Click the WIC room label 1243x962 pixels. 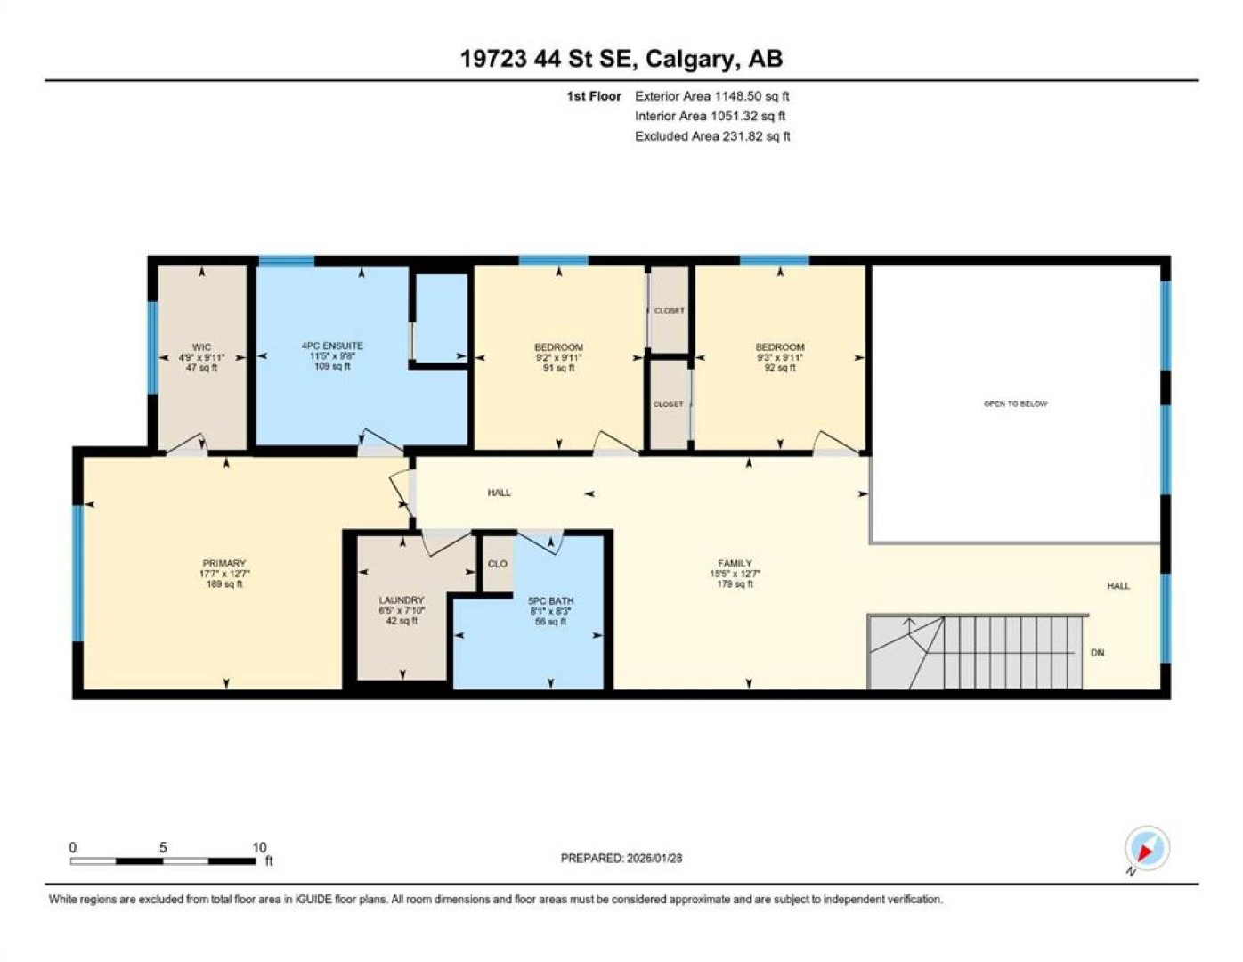coord(201,346)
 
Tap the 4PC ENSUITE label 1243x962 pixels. coord(332,346)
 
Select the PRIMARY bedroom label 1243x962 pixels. coord(223,563)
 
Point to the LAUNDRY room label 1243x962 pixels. coord(401,599)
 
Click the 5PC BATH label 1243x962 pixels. coord(550,601)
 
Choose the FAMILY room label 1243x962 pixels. coord(735,563)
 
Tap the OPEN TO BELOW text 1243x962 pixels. coord(1015,404)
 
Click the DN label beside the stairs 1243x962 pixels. coord(1097,652)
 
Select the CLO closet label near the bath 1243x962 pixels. coord(497,564)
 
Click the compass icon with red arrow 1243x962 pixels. coord(1146,848)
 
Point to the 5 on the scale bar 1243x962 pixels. coord(163,847)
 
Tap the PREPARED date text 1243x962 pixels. coord(621,858)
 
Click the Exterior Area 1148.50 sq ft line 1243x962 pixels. coord(712,96)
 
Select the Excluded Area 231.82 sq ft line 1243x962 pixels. coord(712,136)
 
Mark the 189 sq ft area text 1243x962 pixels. coord(223,583)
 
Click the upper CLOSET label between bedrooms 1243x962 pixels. coord(670,310)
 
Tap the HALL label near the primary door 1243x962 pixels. coord(499,493)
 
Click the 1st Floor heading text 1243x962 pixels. coord(594,96)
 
